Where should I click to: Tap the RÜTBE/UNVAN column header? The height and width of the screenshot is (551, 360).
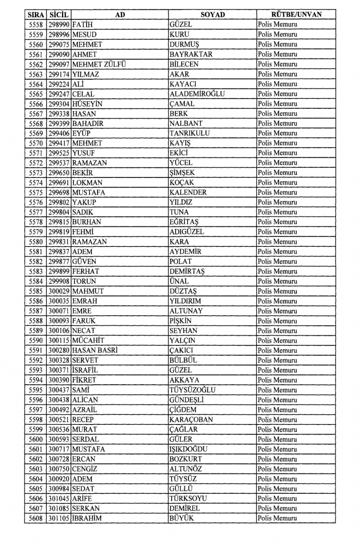point(296,15)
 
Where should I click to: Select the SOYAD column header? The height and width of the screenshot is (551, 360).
point(212,15)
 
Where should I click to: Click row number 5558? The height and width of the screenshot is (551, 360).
point(36,25)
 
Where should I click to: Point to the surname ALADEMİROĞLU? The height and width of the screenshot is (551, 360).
point(197,94)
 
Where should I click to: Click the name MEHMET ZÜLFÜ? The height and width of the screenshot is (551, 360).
point(99,64)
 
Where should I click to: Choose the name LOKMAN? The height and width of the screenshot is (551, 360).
point(87,183)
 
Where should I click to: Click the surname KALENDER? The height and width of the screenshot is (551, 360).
point(188,193)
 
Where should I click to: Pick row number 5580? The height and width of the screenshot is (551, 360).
point(36,242)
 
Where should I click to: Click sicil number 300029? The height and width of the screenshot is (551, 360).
point(59,291)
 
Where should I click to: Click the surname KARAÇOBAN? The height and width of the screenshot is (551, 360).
point(191,420)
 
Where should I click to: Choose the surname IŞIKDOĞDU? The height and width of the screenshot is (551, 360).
point(188,449)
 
